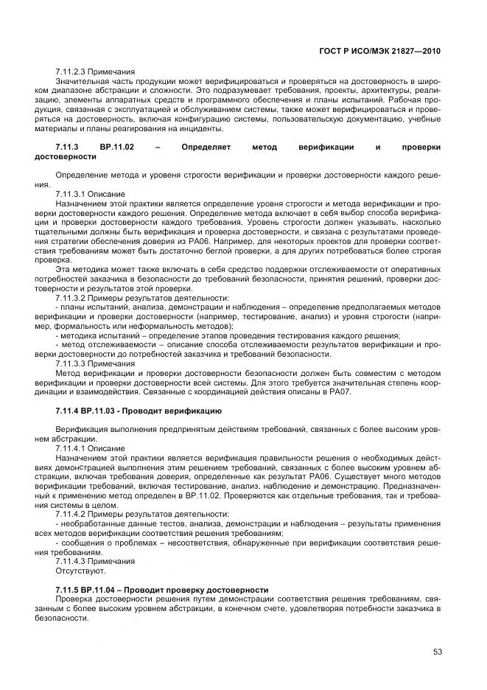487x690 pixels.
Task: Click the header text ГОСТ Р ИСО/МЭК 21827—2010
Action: [x=390, y=48]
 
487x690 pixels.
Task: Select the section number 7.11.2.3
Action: [x=73, y=72]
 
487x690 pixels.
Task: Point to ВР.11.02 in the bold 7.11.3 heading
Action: [x=118, y=147]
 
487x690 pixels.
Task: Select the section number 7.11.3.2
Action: [x=73, y=298]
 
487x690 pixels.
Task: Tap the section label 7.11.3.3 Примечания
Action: [x=95, y=363]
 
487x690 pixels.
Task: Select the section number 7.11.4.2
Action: [x=73, y=513]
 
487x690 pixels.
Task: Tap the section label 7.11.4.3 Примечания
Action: [x=95, y=561]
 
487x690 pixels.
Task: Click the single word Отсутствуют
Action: [x=81, y=571]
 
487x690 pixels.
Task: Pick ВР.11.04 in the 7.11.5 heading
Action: [x=97, y=590]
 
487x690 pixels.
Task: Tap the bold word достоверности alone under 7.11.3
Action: [x=66, y=156]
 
